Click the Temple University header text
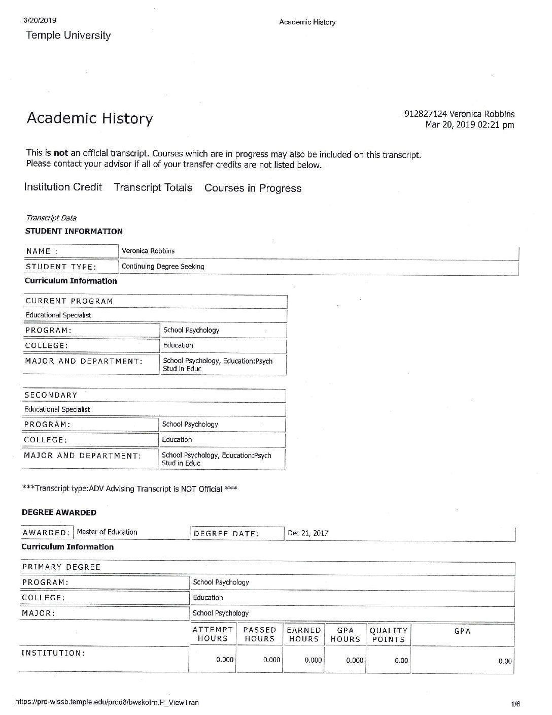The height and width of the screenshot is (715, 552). pos(68,36)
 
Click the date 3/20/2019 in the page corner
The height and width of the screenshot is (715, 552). pos(40,21)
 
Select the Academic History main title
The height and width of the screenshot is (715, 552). pos(89,118)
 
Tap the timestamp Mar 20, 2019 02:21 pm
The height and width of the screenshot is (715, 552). pos(469,125)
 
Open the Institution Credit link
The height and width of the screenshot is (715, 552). pos(63,187)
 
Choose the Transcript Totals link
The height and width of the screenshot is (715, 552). pos(153,187)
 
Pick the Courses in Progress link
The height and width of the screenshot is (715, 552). pos(253,188)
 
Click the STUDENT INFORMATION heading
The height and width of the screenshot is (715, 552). pos(74,231)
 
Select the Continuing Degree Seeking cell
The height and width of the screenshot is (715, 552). pos(163,266)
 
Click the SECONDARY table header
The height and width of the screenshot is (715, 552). pos(51,395)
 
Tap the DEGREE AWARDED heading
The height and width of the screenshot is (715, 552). pos(59,512)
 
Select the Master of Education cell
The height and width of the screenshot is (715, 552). pos(107,532)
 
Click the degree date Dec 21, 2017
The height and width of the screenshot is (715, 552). pos(307,533)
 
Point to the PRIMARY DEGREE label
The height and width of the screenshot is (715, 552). pos(61,567)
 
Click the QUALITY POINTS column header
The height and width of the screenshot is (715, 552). pos(389,635)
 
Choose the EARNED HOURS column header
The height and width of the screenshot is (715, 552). pos(303,635)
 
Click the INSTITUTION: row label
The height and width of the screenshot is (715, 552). pos(53,653)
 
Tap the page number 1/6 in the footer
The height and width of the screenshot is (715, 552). pos(515,704)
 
